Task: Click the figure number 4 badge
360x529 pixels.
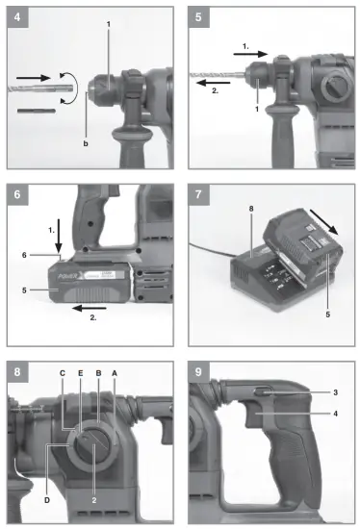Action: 15,16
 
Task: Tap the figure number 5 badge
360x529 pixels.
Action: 198,16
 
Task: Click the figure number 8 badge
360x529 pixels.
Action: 15,370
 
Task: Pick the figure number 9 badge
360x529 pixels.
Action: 198,370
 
